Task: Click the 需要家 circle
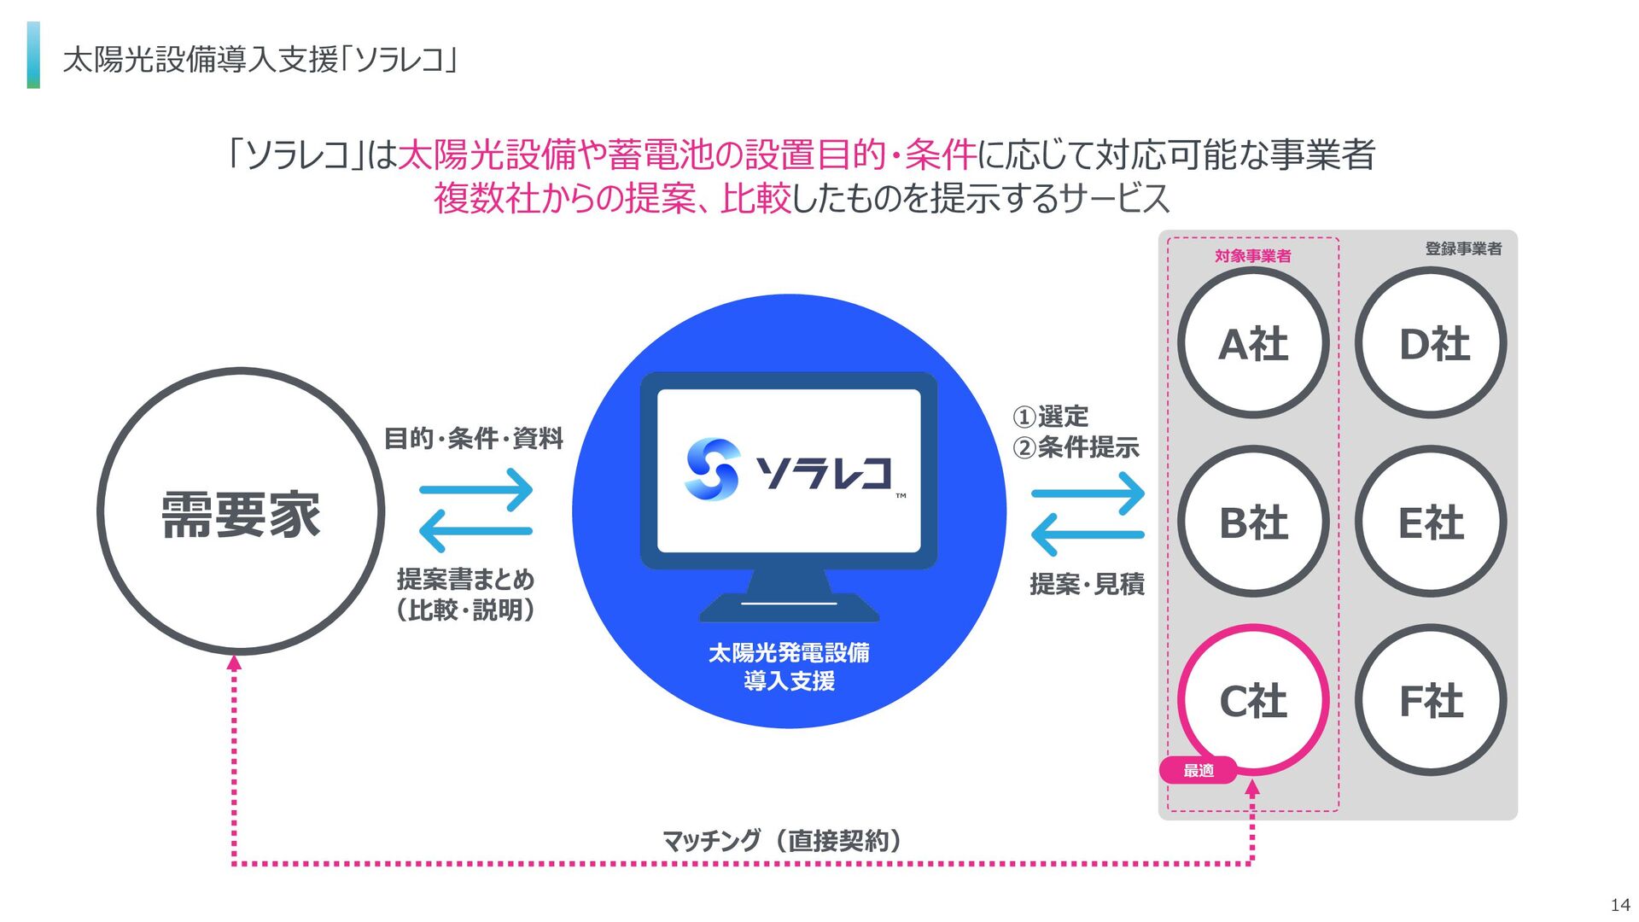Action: (x=241, y=512)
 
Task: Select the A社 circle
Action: (x=1253, y=343)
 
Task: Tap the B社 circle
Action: (x=1253, y=522)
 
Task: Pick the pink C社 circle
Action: (x=1253, y=700)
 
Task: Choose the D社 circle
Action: (x=1432, y=343)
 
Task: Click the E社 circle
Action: (x=1432, y=522)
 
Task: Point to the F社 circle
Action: (x=1432, y=700)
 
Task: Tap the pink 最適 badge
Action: (x=1199, y=770)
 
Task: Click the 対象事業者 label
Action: (x=1252, y=255)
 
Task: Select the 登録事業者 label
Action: (x=1463, y=248)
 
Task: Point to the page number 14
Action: (x=1619, y=905)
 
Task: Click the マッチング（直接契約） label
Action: (x=783, y=841)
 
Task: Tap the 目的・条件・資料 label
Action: (x=474, y=438)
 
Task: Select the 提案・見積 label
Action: (x=1087, y=584)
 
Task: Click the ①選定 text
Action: (x=1051, y=417)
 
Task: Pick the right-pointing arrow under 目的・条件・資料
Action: (x=476, y=489)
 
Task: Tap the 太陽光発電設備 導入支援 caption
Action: (x=789, y=667)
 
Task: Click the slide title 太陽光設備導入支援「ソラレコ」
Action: (x=261, y=60)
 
